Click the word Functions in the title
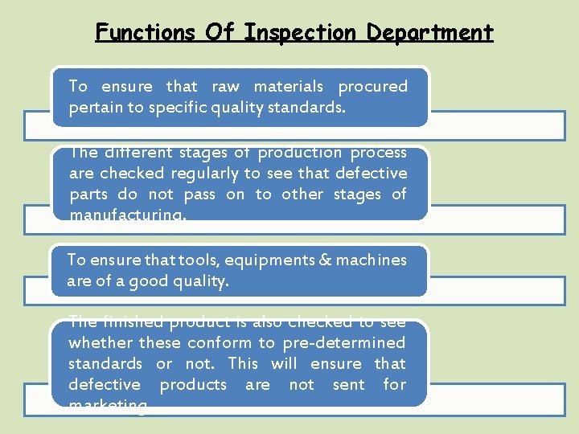(x=144, y=32)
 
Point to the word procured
(x=372, y=86)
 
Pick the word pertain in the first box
(x=93, y=107)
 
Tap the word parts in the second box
(x=88, y=194)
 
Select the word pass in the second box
(x=199, y=194)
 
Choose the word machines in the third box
(x=371, y=260)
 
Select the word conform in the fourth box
(x=219, y=342)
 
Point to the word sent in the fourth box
(x=348, y=384)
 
